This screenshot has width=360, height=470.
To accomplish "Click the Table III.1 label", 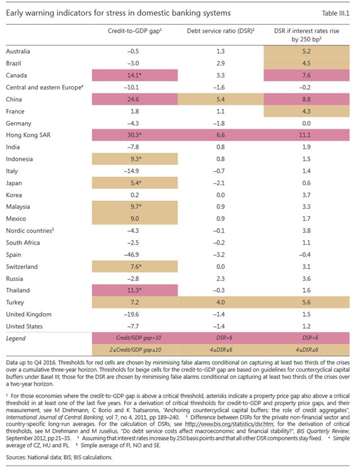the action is pos(335,13).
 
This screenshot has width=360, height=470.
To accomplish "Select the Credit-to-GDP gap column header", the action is pos(135,31).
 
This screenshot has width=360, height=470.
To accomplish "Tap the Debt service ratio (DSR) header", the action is pos(221,31).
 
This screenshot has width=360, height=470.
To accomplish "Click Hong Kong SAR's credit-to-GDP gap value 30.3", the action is pos(134,135).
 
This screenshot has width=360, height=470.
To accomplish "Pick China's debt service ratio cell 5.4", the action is pos(221,99).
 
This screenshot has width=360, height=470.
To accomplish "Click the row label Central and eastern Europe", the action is pos(44,87).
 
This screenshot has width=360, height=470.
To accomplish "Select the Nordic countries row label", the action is pos(30,231).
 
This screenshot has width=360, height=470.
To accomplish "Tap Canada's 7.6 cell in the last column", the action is pos(306,75).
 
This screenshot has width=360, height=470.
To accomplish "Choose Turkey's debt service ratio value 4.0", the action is pos(221,302).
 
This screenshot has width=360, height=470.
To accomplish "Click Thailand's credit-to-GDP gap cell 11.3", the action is pos(134,290).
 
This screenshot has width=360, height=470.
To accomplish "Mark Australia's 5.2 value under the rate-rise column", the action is pos(306,51).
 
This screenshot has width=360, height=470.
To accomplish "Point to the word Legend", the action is pos(16,338).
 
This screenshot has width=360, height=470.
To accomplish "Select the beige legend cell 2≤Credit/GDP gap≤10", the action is pos(136,350).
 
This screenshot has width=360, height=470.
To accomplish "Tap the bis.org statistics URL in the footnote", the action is pos(229,424).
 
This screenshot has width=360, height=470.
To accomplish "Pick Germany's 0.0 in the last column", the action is pos(306,123).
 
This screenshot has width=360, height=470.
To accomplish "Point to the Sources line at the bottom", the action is pos(59,457).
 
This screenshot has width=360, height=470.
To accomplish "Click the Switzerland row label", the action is pos(22,267).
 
